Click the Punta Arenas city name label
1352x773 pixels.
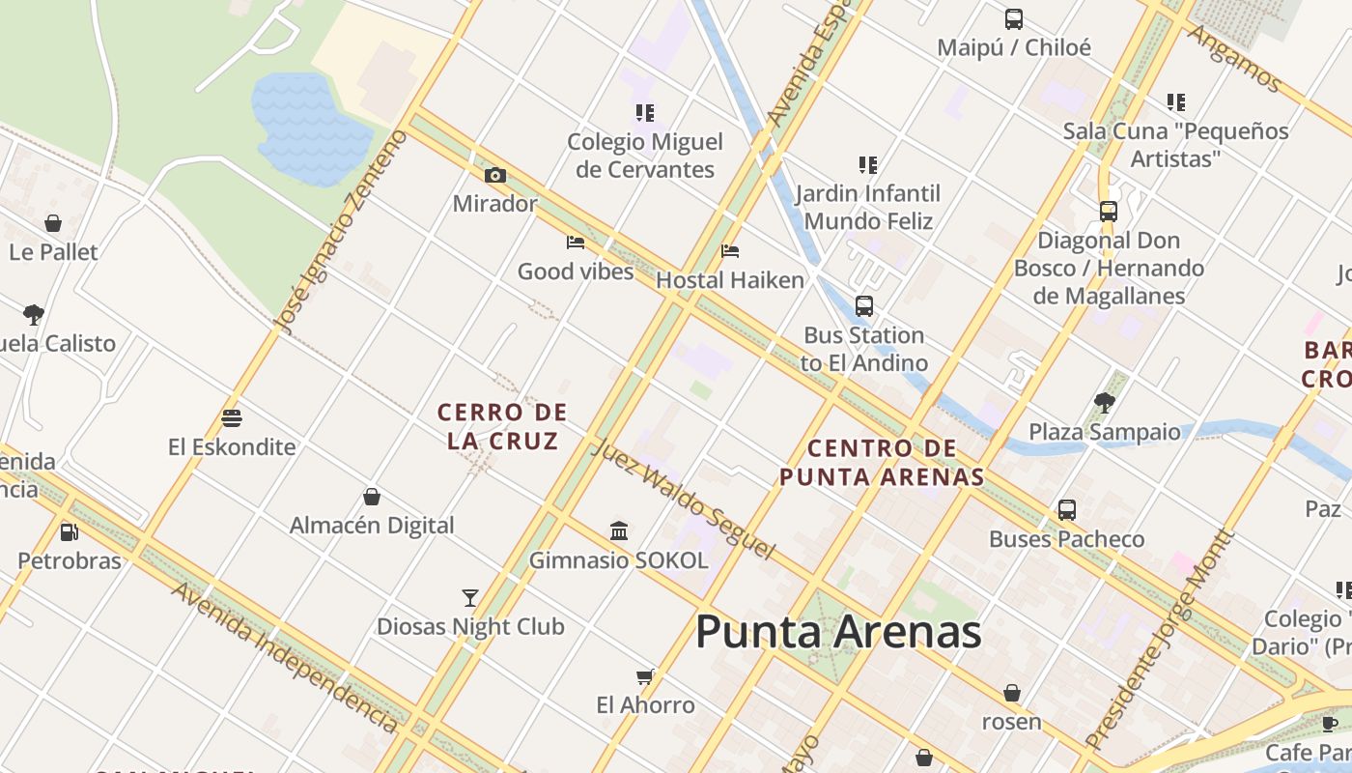pyautogui.click(x=837, y=633)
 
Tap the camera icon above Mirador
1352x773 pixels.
pyautogui.click(x=494, y=176)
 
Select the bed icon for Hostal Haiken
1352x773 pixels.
pyautogui.click(x=730, y=252)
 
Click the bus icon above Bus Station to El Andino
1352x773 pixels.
pyautogui.click(x=864, y=306)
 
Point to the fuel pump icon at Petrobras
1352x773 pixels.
pyautogui.click(x=69, y=532)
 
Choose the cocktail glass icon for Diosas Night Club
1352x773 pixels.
pyautogui.click(x=470, y=598)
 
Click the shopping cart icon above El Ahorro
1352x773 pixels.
pyautogui.click(x=645, y=676)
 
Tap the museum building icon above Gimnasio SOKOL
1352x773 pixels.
pyautogui.click(x=619, y=531)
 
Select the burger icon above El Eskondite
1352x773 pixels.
pyautogui.click(x=231, y=418)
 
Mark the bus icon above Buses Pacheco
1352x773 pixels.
pyautogui.click(x=1067, y=510)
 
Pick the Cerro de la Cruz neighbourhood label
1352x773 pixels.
pyautogui.click(x=502, y=426)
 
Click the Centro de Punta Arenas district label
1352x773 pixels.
pyautogui.click(x=882, y=462)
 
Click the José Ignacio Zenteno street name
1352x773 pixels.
pyautogui.click(x=341, y=233)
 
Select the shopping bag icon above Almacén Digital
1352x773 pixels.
pyautogui.click(x=372, y=498)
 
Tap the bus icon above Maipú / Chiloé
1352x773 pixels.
pyautogui.click(x=1013, y=19)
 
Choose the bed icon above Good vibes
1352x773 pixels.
pyautogui.click(x=576, y=243)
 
